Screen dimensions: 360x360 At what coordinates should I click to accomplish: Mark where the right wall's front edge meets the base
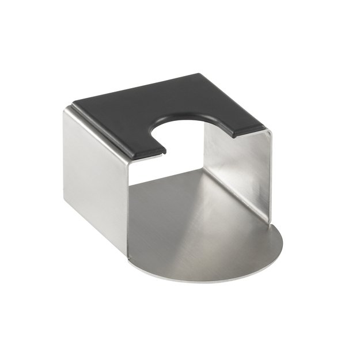tap(268, 221)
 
